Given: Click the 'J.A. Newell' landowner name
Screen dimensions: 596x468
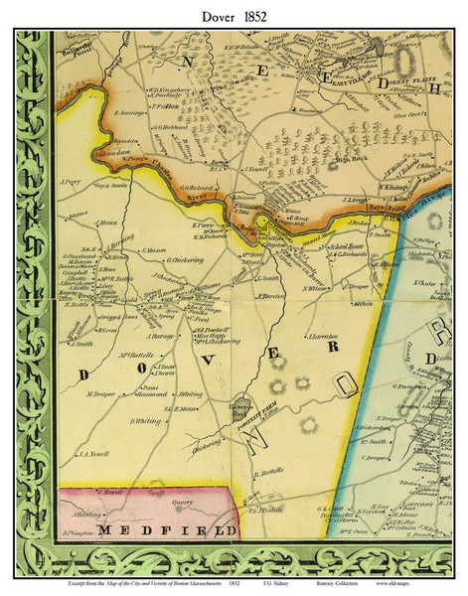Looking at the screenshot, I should pos(97,455).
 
